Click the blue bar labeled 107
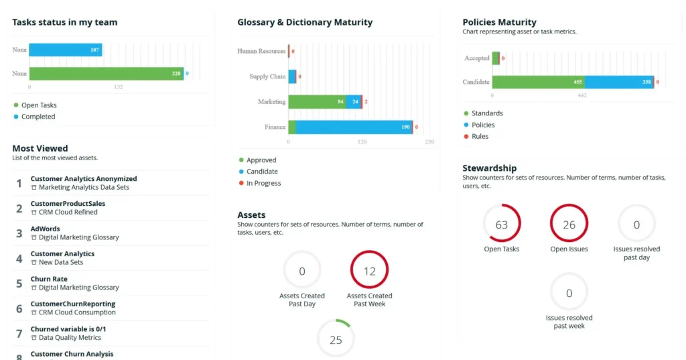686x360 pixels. pyautogui.click(x=65, y=50)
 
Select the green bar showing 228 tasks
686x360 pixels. pyautogui.click(x=106, y=74)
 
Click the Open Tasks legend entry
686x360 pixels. pyautogui.click(x=38, y=105)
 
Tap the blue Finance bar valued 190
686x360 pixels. pyautogui.click(x=354, y=127)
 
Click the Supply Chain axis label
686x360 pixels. pyautogui.click(x=267, y=76)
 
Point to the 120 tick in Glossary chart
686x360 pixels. pyautogui.click(x=362, y=142)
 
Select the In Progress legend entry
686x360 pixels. pyautogui.click(x=263, y=183)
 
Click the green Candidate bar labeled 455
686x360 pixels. pyautogui.click(x=538, y=82)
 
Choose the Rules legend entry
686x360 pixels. pyautogui.click(x=480, y=136)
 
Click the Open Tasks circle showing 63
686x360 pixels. pyautogui.click(x=502, y=225)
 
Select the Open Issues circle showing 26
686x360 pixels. pyautogui.click(x=569, y=225)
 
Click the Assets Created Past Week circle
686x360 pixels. pyautogui.click(x=370, y=271)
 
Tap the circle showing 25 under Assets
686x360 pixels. pyautogui.click(x=336, y=340)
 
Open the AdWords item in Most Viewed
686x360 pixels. pyautogui.click(x=45, y=229)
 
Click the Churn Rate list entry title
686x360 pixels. pyautogui.click(x=49, y=279)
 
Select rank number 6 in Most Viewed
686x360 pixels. pyautogui.click(x=19, y=308)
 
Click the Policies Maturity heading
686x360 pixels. pyautogui.click(x=499, y=22)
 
